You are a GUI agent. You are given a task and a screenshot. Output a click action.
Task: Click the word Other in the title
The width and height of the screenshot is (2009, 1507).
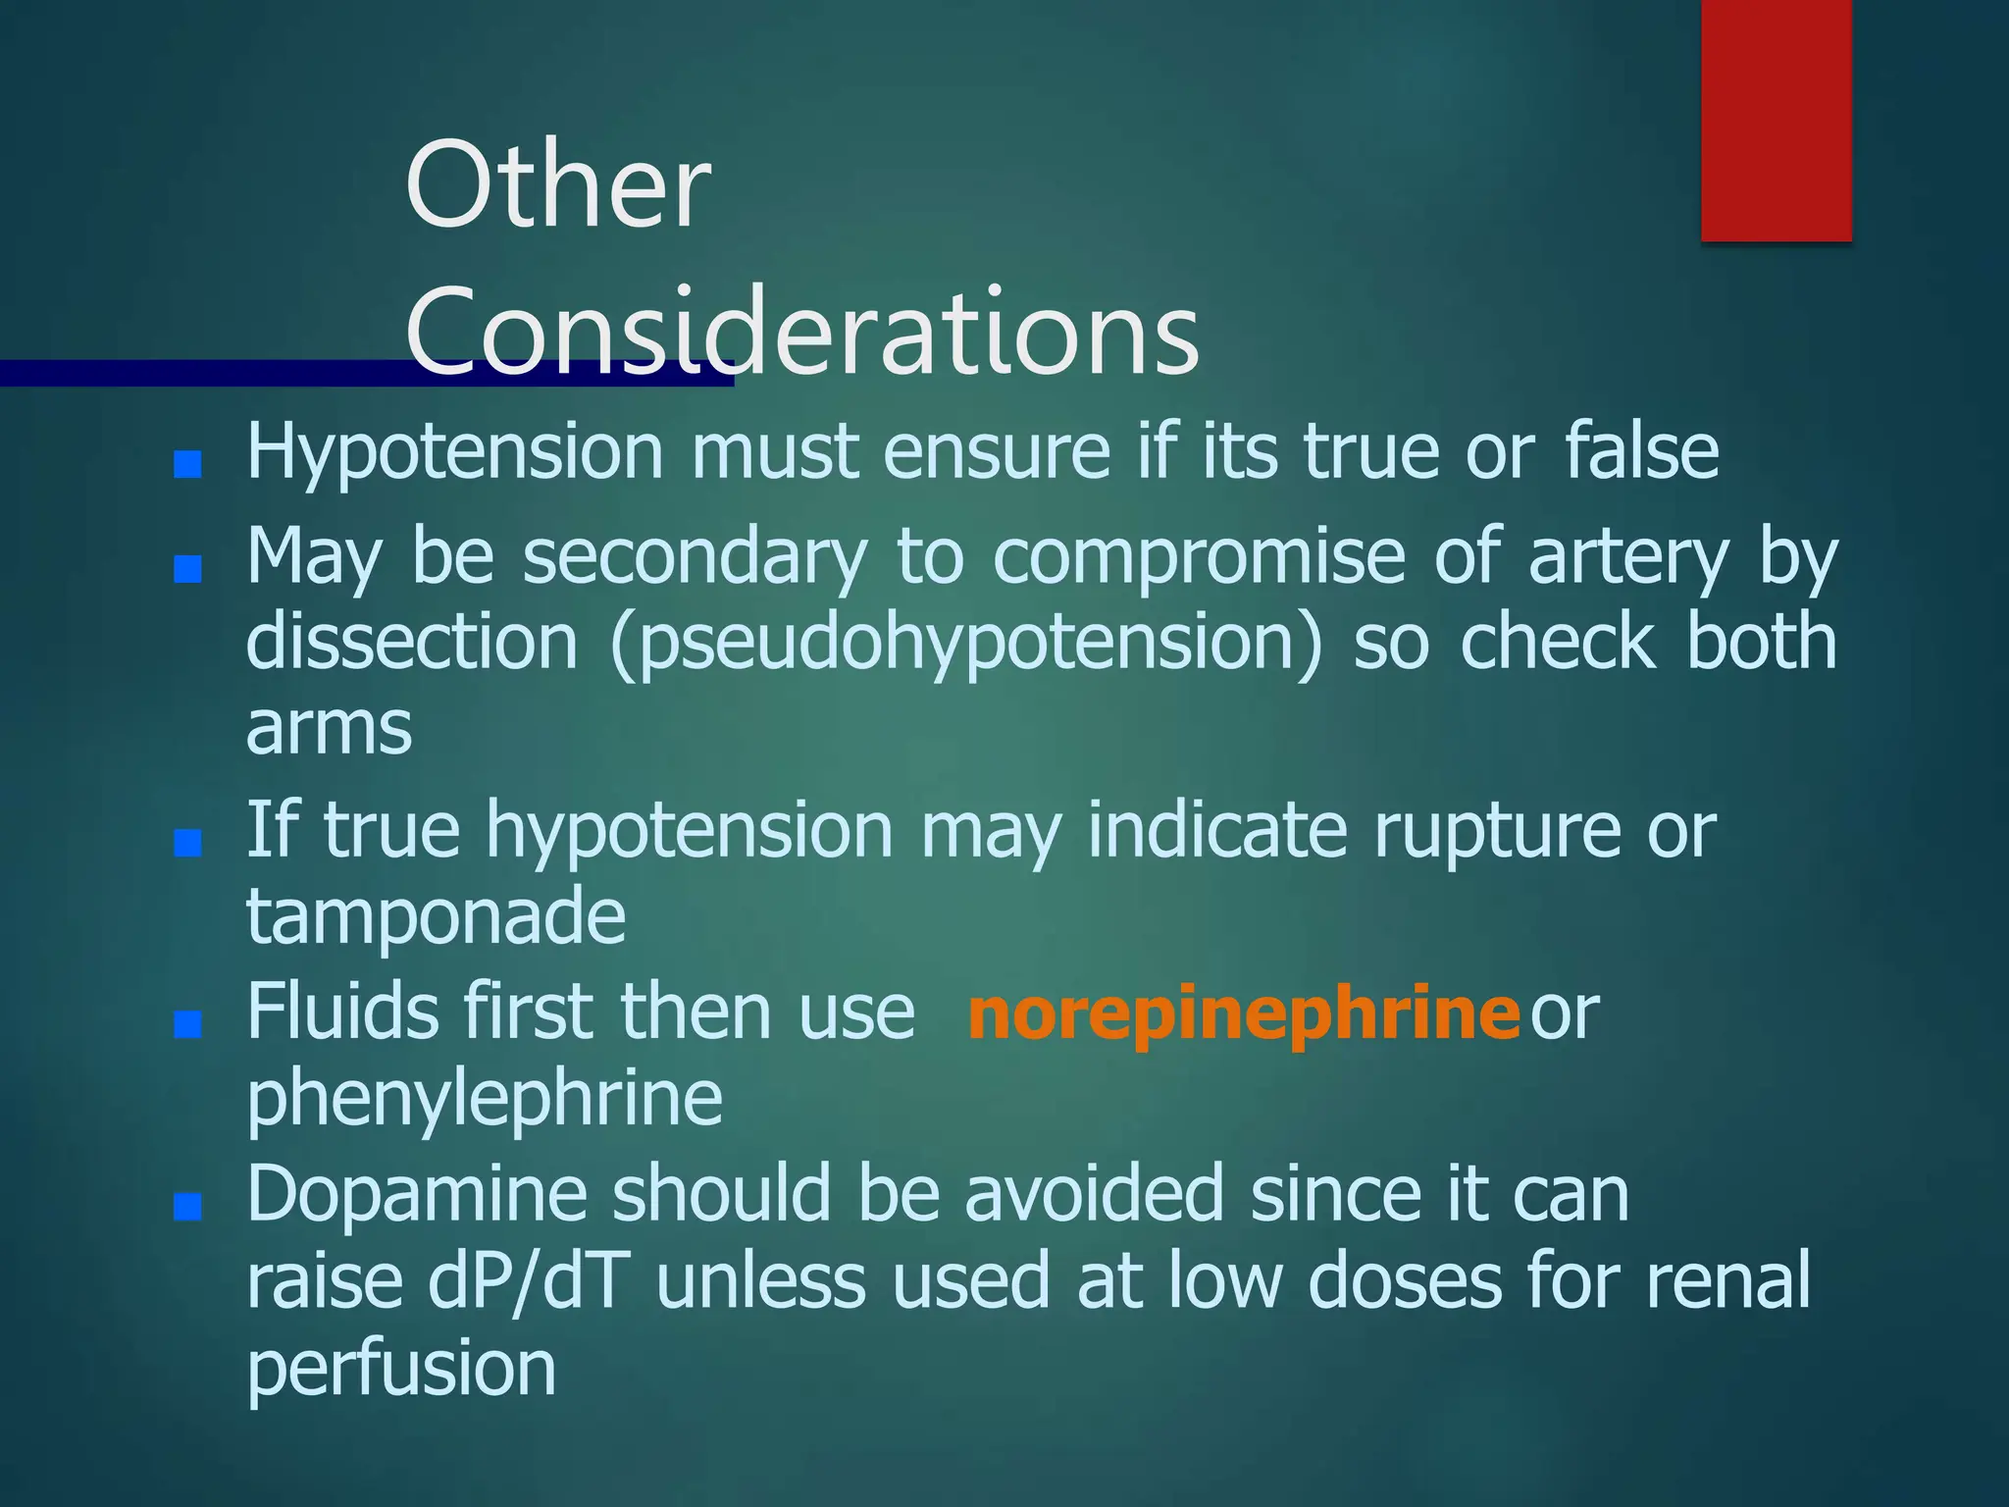[x=557, y=184]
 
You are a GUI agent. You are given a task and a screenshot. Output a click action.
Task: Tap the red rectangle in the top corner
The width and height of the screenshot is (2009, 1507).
[x=1776, y=120]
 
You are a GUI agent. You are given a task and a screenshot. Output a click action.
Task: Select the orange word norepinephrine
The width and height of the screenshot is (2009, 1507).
[x=1243, y=1013]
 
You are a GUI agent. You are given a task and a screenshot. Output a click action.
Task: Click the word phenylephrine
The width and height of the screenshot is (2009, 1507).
[x=485, y=1099]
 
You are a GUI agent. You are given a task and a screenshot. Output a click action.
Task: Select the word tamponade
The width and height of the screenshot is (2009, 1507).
[x=436, y=914]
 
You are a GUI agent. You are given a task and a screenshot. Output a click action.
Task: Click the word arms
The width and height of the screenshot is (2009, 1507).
[x=329, y=728]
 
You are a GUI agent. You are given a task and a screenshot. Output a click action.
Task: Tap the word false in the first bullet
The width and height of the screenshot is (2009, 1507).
[x=1641, y=451]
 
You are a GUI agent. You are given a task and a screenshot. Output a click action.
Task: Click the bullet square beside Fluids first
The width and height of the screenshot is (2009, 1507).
[x=187, y=1025]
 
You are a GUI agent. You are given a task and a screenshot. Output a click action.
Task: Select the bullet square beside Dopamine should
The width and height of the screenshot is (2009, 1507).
[x=187, y=1207]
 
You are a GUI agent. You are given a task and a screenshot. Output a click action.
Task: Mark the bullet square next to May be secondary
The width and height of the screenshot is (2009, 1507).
[x=187, y=569]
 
